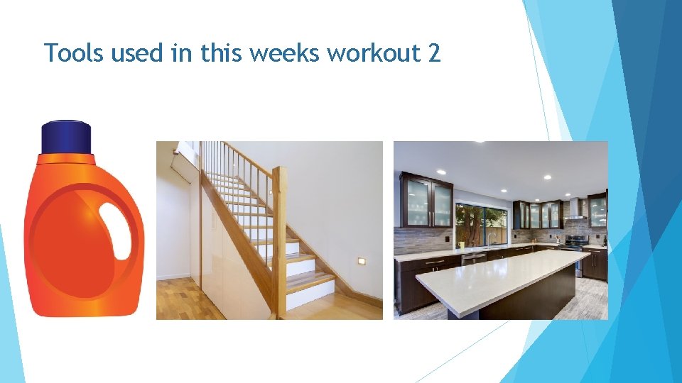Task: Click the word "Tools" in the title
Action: point(70,52)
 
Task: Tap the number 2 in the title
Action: point(435,52)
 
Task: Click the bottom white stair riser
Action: point(310,296)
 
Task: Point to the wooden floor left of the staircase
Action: point(178,298)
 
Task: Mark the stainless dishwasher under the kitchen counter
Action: point(473,259)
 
